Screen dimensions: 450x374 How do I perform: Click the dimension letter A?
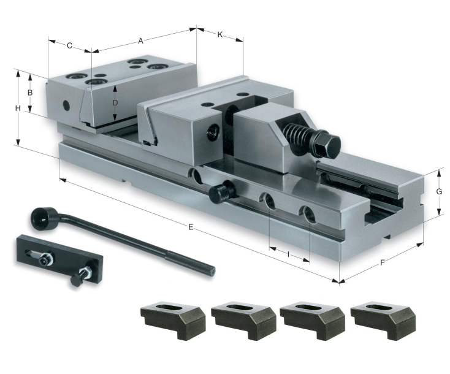pyautogui.click(x=140, y=41)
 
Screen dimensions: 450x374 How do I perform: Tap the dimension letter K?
pyautogui.click(x=220, y=35)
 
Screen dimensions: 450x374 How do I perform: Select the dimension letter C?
pyautogui.click(x=69, y=45)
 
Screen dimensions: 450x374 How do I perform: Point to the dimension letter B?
pyautogui.click(x=30, y=93)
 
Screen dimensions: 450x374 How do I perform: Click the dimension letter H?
pyautogui.click(x=18, y=108)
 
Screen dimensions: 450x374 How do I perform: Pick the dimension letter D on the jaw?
pyautogui.click(x=115, y=102)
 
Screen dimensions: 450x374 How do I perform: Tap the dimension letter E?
pyautogui.click(x=191, y=227)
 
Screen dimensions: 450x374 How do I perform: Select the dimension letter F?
pyautogui.click(x=382, y=262)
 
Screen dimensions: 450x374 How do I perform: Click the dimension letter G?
pyautogui.click(x=439, y=191)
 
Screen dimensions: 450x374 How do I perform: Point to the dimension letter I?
pyautogui.click(x=288, y=254)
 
